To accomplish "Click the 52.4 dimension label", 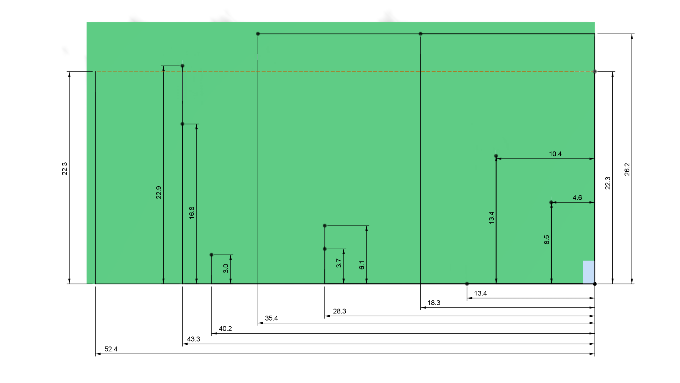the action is [111, 349].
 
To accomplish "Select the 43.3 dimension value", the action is [193, 339].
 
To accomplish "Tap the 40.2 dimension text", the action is [225, 329].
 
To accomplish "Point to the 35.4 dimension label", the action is [271, 318].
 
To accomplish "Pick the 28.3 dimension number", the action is [339, 311].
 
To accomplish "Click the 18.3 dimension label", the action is [433, 303].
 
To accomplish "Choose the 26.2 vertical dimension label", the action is [627, 169].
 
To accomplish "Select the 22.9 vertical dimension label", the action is [159, 193].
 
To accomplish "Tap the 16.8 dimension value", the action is [192, 213].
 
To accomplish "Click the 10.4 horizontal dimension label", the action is [555, 154].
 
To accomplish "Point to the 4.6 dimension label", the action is [577, 198].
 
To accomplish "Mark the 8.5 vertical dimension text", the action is [546, 240].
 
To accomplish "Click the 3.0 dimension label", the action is [226, 269].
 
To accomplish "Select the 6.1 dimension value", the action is [362, 265].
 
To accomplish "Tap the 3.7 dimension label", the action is [339, 263].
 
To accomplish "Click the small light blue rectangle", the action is [589, 272].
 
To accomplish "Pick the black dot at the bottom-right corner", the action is [595, 284].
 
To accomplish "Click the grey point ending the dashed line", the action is [595, 72].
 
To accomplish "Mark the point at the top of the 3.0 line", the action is [211, 255].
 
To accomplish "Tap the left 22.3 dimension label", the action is [64, 169].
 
